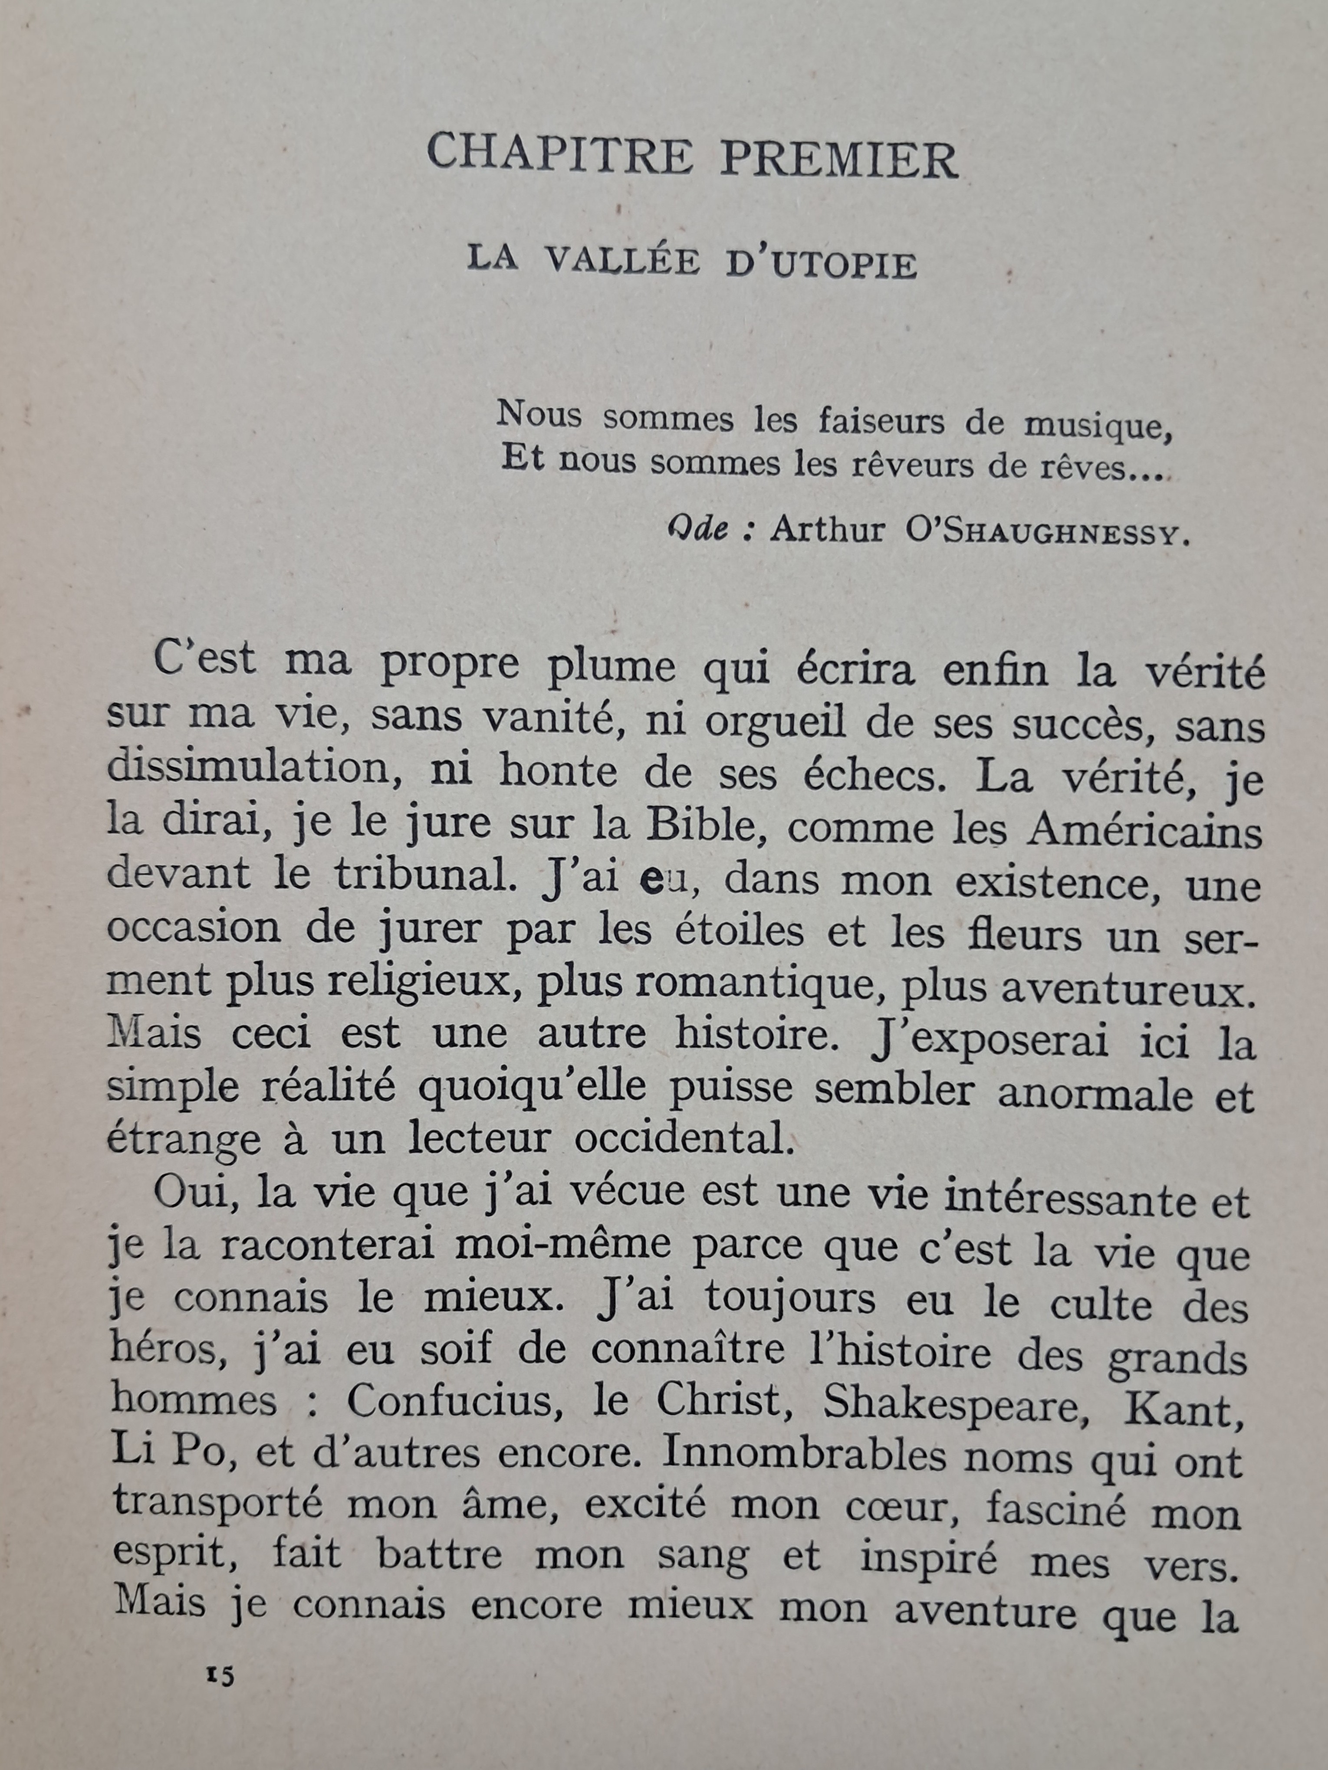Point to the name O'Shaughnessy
(1047, 533)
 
